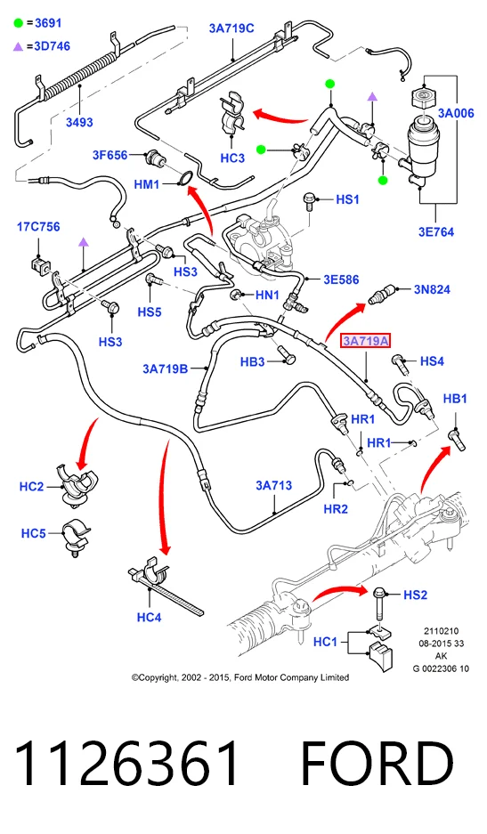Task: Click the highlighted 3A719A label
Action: coord(366,341)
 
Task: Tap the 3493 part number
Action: coord(79,122)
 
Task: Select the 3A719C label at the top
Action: coord(231,28)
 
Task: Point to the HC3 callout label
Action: coord(232,158)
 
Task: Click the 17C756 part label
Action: coord(38,227)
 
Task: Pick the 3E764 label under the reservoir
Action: coord(436,232)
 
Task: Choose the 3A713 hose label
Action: coord(273,485)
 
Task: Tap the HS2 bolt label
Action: coord(415,595)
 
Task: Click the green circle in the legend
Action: coord(19,23)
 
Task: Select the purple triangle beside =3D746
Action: coord(19,47)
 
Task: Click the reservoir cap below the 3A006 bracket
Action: coord(424,99)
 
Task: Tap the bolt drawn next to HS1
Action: coord(308,202)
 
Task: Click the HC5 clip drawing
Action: coord(76,537)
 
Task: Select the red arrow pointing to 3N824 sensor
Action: coord(345,320)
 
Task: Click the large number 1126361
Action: coord(126,763)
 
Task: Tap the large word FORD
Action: coord(377,763)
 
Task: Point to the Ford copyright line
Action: coord(240,677)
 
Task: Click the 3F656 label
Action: coord(110,155)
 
